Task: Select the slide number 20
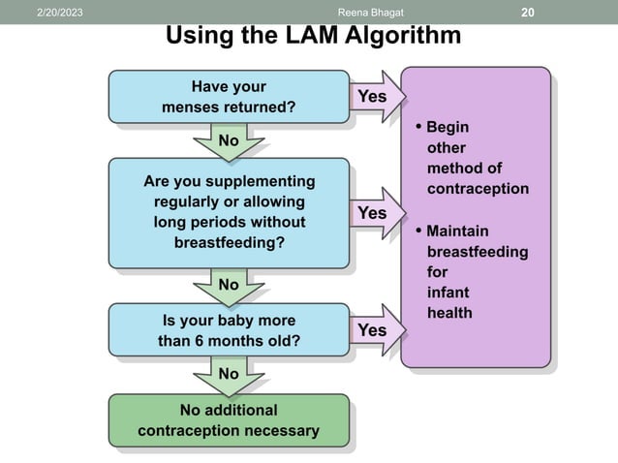point(528,12)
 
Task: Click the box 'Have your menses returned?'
point(229,97)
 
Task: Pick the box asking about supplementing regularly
point(229,211)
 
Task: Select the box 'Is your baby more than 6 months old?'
point(229,330)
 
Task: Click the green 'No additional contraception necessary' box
point(229,420)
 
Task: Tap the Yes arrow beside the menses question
point(374,96)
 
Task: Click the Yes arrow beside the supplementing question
point(374,212)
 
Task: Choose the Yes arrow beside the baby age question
point(374,330)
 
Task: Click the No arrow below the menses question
point(229,141)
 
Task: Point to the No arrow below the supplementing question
point(229,285)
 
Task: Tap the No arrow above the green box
point(229,373)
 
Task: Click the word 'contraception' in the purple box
point(478,188)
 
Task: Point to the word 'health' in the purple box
point(449,313)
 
